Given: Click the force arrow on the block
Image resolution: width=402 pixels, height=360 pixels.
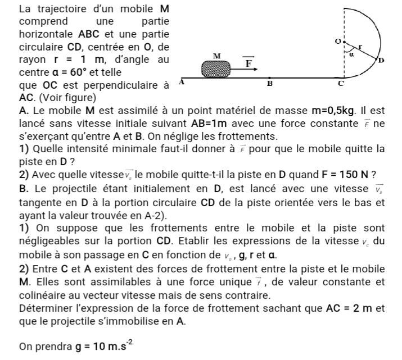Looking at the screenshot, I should coord(245,70).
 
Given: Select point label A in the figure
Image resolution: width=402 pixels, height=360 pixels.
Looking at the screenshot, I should coord(181,82).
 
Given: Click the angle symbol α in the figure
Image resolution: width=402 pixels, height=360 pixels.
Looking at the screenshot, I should coord(352,55).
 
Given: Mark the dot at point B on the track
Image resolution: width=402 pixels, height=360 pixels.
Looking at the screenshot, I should coord(270,79).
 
